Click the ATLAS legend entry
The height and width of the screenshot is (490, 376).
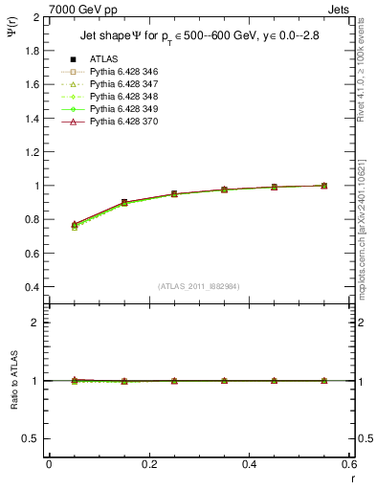tap(103, 59)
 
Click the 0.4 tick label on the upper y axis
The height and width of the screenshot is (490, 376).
tap(31, 287)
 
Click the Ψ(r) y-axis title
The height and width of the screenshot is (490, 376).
tap(12, 43)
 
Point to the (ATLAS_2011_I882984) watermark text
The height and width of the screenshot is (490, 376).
tap(200, 285)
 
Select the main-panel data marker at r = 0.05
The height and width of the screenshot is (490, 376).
tap(74, 225)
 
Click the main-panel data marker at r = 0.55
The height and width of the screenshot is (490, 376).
tap(323, 186)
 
